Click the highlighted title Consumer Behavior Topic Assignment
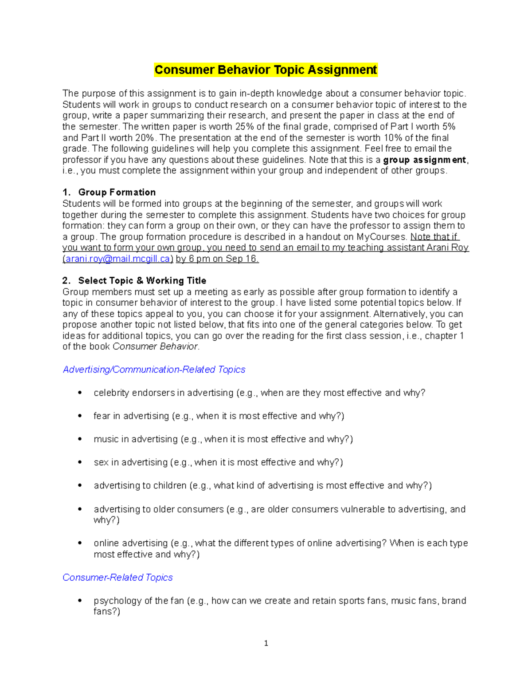coord(266,70)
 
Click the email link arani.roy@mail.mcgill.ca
coord(117,259)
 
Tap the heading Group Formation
coord(117,193)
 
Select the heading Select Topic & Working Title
coord(142,281)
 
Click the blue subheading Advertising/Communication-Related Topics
coord(154,370)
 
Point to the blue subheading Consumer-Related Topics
coord(117,578)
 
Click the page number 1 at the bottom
coord(266,644)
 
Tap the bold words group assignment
coord(424,160)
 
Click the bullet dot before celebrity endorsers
coord(80,393)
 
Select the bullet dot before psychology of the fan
coord(80,601)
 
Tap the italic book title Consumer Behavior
coord(155,347)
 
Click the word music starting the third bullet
coord(106,439)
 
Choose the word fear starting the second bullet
coord(102,416)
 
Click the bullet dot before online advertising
coord(80,543)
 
